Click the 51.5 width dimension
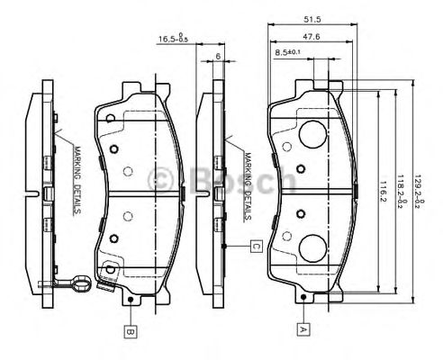point(312,17)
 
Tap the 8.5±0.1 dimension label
point(289,54)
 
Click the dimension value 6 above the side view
point(219,55)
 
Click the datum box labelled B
point(131,331)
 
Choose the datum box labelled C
point(256,245)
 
